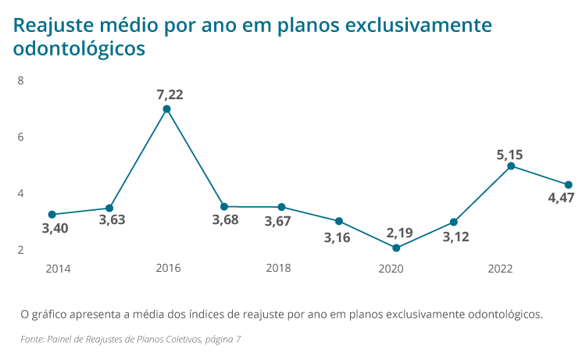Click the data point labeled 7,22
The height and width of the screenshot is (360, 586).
(x=166, y=109)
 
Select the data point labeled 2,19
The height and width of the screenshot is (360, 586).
(x=396, y=248)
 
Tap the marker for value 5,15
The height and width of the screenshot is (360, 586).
(x=511, y=166)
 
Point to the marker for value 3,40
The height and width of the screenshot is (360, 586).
(x=52, y=214)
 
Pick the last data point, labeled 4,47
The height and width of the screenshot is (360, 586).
(x=569, y=185)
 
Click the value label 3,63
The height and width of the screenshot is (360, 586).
(x=112, y=219)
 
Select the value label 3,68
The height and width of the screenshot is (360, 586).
(x=226, y=220)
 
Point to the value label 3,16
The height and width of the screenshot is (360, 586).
(x=338, y=236)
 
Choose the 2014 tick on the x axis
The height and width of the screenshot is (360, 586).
(x=58, y=269)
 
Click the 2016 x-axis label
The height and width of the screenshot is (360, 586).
(x=168, y=269)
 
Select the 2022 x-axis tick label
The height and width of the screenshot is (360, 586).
(x=500, y=269)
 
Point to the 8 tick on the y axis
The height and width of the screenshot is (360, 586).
(x=20, y=80)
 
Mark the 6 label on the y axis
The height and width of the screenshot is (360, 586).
(x=20, y=137)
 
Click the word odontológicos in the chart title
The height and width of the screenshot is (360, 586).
(x=80, y=48)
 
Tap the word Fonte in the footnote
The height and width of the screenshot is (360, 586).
(x=32, y=339)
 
